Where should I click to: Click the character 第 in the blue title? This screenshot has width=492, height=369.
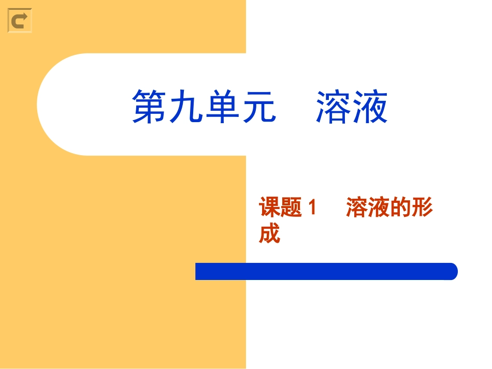coord(150,107)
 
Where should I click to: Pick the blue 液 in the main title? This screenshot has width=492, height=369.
coord(370,107)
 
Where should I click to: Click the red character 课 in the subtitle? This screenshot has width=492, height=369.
coord(269,208)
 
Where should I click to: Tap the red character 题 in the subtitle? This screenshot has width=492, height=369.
coord(291,208)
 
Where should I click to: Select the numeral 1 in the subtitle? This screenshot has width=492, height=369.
coord(312,209)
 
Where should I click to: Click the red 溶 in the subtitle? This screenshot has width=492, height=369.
coord(357,208)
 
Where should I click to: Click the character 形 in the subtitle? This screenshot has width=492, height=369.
coord(422,208)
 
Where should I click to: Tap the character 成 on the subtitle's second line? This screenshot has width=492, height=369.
coord(269,233)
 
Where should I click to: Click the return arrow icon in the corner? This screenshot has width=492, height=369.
coord(20,21)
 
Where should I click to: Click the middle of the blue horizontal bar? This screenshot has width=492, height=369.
coord(326,271)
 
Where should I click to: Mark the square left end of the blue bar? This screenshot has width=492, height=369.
coord(198,271)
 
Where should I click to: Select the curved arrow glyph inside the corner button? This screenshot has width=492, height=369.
coord(20,21)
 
